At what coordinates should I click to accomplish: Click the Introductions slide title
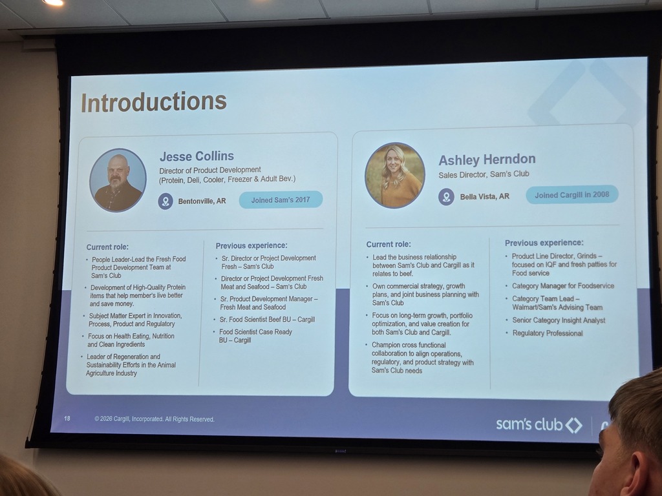pos(154,102)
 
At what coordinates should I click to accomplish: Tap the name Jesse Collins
pos(197,156)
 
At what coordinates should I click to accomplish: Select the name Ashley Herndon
pos(487,160)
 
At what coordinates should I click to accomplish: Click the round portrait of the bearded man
pos(118,180)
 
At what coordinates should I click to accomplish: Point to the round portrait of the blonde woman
pos(395,176)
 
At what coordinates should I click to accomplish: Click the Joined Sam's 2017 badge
pos(281,200)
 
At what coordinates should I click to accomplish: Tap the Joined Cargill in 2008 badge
pos(572,195)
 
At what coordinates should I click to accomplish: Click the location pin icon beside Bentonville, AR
pos(165,201)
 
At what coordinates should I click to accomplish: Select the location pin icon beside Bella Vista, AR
pos(446,197)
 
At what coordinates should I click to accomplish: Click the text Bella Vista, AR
pos(485,196)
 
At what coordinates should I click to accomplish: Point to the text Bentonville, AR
pos(202,201)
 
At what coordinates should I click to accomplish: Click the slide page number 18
pos(67,418)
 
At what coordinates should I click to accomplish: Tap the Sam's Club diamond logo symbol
pos(574,425)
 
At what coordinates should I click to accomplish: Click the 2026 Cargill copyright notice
pos(155,418)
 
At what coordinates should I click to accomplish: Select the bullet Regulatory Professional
pos(548,333)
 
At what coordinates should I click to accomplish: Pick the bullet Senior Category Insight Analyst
pos(559,320)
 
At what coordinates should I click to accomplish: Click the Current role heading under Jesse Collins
pos(107,247)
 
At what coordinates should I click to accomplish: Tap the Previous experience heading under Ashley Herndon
pos(544,243)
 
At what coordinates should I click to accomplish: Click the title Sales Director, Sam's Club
pos(484,174)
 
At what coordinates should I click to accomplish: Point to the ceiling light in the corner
pos(53,3)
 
